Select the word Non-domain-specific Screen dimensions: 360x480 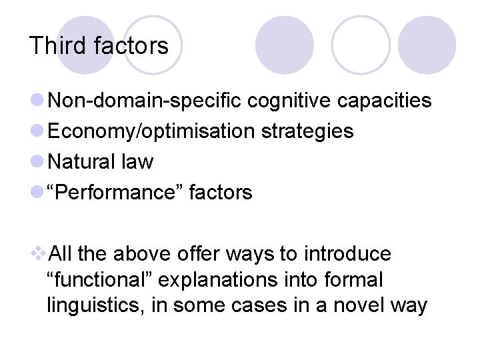click(146, 101)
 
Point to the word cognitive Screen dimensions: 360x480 click(290, 101)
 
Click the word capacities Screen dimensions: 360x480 click(385, 101)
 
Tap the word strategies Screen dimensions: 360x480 click(307, 131)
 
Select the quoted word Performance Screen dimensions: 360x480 click(117, 193)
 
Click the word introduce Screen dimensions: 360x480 click(347, 254)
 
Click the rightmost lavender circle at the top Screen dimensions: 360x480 click(427, 45)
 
